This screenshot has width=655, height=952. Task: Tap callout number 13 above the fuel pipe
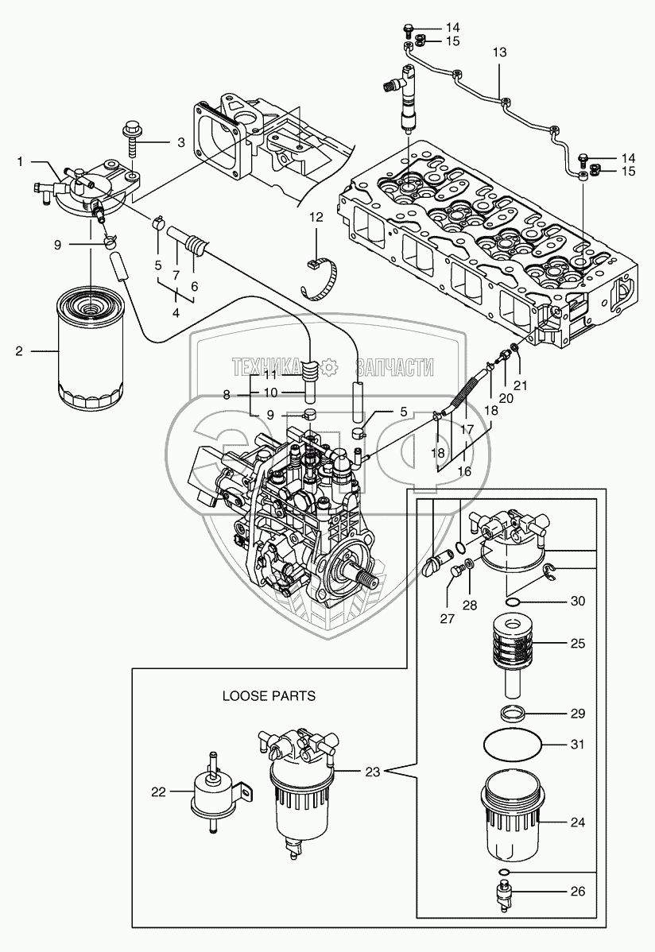(x=499, y=52)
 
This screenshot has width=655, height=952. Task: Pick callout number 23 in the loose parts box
(x=374, y=771)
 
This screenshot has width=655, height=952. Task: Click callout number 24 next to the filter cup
(x=578, y=822)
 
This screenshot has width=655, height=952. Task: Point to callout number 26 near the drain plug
(x=578, y=892)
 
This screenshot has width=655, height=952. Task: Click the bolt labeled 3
(x=131, y=142)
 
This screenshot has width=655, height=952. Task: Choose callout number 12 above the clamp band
(x=316, y=218)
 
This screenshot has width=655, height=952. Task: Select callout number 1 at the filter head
(x=21, y=161)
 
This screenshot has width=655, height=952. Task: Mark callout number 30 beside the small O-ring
(x=578, y=602)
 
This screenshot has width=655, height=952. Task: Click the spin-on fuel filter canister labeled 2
(x=91, y=350)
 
